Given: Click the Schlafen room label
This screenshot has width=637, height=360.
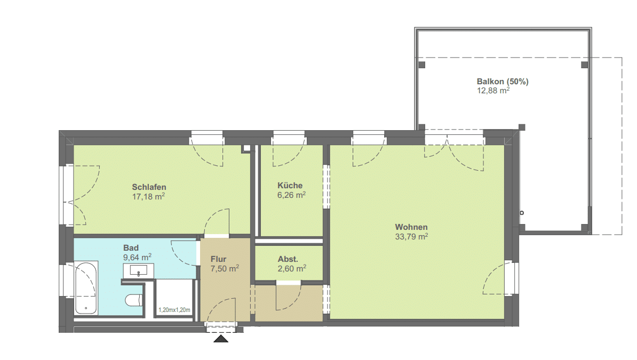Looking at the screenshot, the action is tap(149, 187).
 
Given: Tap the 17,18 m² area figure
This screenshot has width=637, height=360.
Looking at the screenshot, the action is tap(148, 197).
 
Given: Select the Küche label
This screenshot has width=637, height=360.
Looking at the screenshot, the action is tap(290, 185).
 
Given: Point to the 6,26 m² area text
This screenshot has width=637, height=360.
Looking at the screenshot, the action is tap(291, 195).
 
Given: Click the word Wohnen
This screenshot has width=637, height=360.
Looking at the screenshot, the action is tap(411, 227).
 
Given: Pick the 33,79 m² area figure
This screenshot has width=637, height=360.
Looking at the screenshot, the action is tap(411, 236).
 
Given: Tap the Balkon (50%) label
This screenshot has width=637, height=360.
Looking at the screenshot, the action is tap(503, 82).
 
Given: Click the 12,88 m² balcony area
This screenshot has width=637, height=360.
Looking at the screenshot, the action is tap(493, 91).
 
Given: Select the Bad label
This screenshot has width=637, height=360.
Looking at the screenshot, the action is tap(131, 248).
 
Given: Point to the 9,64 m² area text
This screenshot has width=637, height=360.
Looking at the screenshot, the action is tap(137, 257).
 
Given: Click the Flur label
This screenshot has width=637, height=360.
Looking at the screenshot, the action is tap(218, 259).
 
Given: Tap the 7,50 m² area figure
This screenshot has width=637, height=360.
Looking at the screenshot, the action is tap(225, 269).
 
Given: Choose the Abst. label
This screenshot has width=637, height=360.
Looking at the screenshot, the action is tap(288, 259).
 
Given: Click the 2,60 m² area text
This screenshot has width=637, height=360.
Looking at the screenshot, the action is tap(292, 269).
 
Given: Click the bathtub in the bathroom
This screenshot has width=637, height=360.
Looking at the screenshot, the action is tap(86, 288).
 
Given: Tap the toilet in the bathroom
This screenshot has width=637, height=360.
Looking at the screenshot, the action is tap(134, 300).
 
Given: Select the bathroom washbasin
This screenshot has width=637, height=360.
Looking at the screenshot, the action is tap(139, 270).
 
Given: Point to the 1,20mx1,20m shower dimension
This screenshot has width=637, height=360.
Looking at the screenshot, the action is tap(174, 310).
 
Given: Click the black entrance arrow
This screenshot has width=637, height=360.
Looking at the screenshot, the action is tap(221, 339).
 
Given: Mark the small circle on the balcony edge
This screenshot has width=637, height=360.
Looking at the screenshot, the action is tap(522, 213).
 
